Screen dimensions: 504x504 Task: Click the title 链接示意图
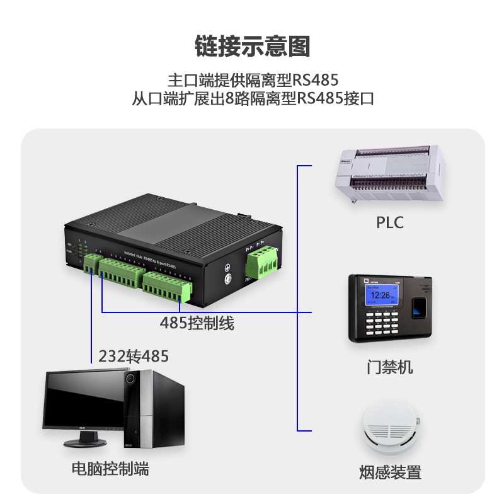click(253, 46)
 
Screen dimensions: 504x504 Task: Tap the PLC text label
click(389, 222)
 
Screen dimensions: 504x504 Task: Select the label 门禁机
click(390, 367)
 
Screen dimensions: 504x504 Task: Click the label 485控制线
click(197, 324)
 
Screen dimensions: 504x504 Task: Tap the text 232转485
click(134, 357)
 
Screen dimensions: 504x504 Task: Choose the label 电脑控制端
click(110, 469)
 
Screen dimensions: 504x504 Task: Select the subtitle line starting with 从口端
click(253, 99)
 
